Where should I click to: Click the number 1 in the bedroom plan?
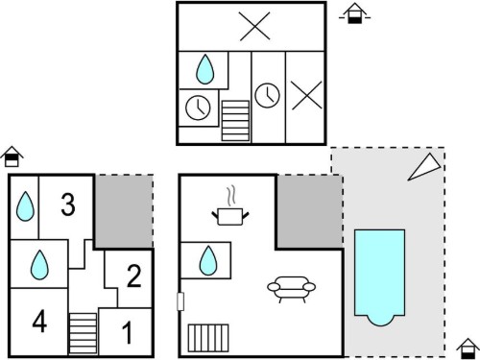click(128, 333)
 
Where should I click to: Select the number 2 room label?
click(134, 276)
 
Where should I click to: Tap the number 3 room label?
click(68, 204)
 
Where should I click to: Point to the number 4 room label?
click(39, 322)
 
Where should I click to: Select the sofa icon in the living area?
click(291, 289)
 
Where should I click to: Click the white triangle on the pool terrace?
click(425, 168)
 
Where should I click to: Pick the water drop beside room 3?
click(25, 206)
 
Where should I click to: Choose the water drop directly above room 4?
click(39, 265)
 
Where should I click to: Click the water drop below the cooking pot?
click(208, 260)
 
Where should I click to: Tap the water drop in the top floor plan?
click(204, 69)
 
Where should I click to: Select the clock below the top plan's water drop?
click(198, 108)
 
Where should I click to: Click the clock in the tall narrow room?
click(267, 95)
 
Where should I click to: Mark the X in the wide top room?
click(254, 27)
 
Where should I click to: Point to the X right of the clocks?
click(306, 95)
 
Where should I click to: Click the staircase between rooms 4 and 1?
click(84, 333)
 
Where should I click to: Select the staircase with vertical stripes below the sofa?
click(208, 338)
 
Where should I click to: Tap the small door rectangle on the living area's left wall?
click(180, 301)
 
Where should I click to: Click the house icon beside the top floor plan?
click(354, 13)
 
